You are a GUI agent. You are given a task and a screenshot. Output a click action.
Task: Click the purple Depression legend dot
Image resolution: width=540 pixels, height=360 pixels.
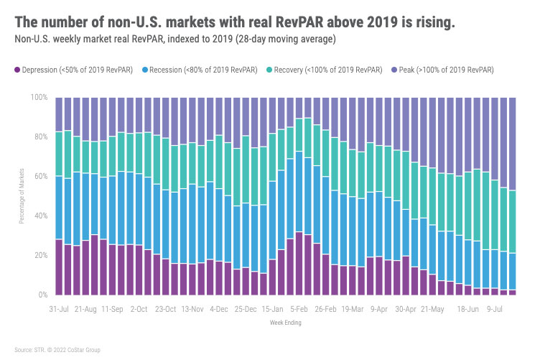pos(17,70)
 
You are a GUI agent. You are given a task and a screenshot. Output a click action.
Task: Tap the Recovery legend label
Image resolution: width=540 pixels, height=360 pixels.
pos(324,70)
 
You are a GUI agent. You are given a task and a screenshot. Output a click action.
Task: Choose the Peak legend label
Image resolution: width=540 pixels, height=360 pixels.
pos(445,70)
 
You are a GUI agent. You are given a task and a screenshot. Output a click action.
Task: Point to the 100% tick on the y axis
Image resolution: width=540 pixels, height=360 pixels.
pos(40,97)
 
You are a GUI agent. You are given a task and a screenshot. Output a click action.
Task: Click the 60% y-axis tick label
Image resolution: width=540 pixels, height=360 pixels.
pos(42,176)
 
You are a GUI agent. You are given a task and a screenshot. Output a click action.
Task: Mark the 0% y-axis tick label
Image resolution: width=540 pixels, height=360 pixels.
pos(44,295)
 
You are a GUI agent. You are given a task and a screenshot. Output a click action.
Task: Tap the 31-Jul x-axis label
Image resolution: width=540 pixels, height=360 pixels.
pos(59,309)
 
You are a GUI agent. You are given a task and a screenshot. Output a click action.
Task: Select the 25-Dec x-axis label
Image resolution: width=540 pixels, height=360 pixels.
pos(246,309)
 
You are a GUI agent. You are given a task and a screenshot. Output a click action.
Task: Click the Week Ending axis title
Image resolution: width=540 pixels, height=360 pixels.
pos(284,323)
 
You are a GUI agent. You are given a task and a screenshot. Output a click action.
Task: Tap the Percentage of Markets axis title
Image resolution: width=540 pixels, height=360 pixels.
pos(22,196)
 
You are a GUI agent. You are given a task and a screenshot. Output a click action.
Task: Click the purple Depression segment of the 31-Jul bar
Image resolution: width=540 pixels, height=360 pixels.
pos(59,267)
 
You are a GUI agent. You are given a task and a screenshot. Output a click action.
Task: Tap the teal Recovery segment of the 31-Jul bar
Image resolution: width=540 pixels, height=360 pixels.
pos(59,154)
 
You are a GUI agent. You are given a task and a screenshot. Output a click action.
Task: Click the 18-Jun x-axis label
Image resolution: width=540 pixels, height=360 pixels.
pos(468,309)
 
